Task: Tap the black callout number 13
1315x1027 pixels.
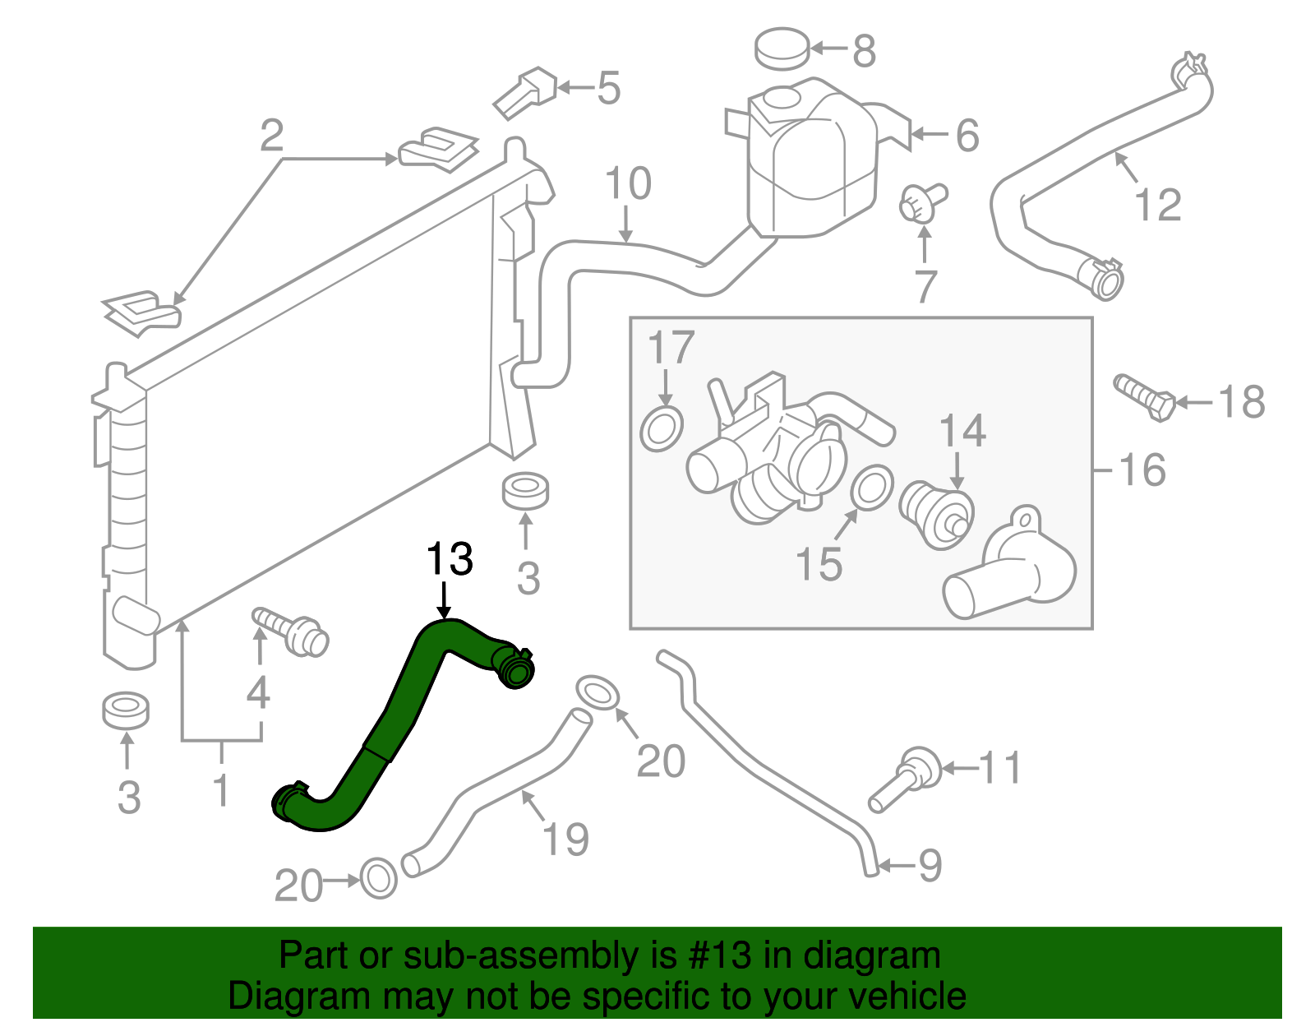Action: [450, 560]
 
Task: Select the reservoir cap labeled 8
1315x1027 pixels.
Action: [782, 49]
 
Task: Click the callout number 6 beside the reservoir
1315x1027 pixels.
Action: [967, 136]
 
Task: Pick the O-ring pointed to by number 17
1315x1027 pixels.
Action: [662, 428]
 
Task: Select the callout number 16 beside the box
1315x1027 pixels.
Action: [1142, 470]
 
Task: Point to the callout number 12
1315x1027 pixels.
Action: [1158, 205]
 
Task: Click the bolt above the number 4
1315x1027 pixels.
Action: [292, 631]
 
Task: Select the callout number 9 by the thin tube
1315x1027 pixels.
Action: [930, 865]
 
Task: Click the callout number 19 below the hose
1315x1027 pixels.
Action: [565, 839]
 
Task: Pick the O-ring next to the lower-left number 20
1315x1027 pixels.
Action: [378, 879]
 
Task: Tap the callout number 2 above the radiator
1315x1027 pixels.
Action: [272, 136]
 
